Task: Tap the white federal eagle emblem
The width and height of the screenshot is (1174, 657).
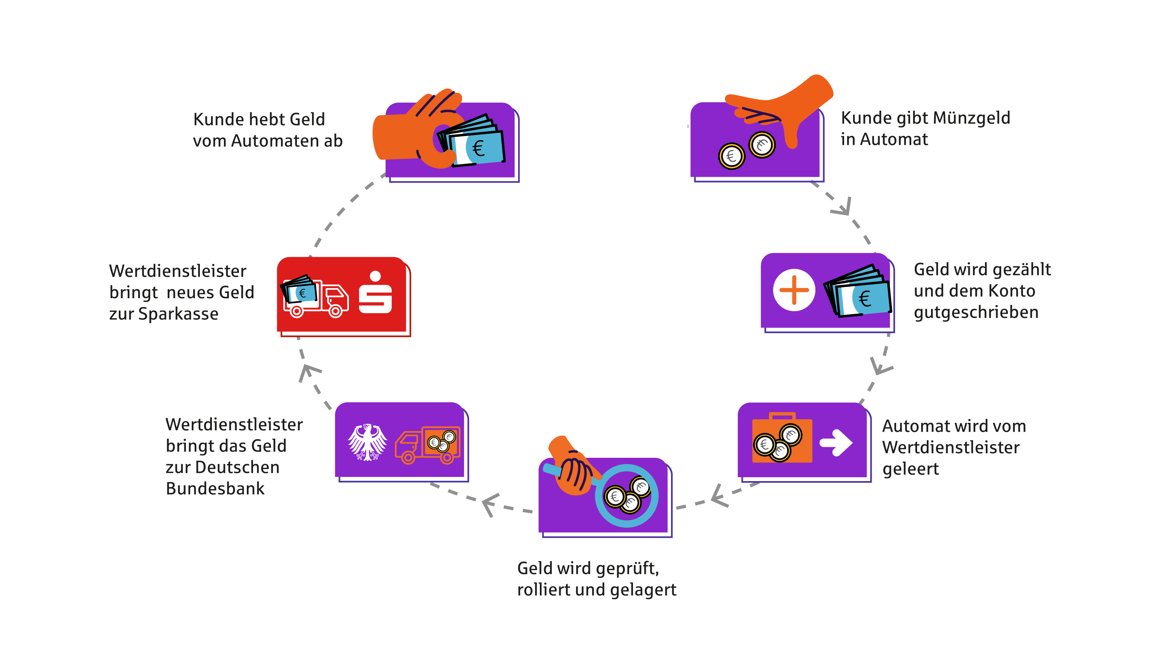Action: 367,442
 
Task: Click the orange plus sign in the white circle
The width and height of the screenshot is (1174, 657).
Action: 794,290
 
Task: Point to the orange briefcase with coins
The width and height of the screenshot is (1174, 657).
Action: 781,440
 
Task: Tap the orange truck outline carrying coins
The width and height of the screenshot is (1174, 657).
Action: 427,445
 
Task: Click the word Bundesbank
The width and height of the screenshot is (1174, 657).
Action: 215,489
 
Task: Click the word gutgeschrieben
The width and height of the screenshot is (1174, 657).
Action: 976,312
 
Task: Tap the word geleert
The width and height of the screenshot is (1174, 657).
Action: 910,469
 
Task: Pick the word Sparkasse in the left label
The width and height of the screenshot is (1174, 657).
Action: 178,314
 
